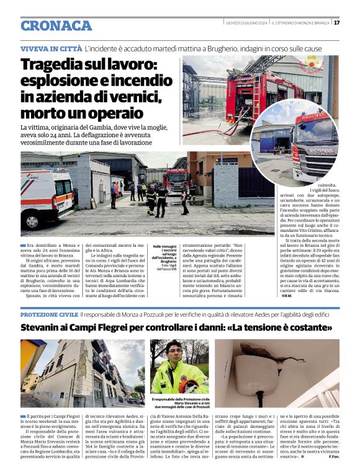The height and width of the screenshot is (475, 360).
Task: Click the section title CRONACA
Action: [56, 25]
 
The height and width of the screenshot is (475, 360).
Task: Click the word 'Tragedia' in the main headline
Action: [55, 65]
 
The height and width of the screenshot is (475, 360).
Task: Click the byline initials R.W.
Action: [287, 296]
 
